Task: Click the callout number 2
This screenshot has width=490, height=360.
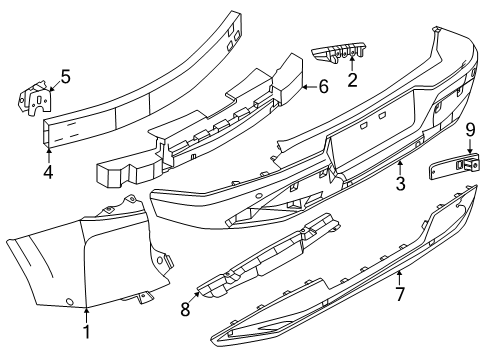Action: [352, 79]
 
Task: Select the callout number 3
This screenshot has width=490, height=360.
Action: [400, 184]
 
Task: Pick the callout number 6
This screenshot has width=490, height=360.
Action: [323, 86]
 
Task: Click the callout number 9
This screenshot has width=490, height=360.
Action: [469, 128]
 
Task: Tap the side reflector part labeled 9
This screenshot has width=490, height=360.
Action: [452, 166]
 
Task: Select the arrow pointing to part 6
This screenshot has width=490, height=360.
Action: [306, 87]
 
